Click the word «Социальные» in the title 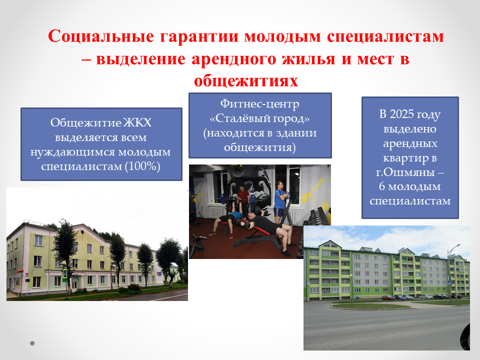[101, 36]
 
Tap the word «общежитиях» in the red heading [246, 81]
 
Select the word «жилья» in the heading [308, 59]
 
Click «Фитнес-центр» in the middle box [260, 104]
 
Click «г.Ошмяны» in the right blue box [405, 172]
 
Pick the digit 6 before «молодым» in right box [382, 186]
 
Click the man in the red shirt [243, 199]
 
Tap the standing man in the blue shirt [279, 202]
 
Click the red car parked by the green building [387, 297]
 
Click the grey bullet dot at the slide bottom [32, 343]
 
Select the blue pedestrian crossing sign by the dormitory [65, 273]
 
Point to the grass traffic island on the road [370, 305]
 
